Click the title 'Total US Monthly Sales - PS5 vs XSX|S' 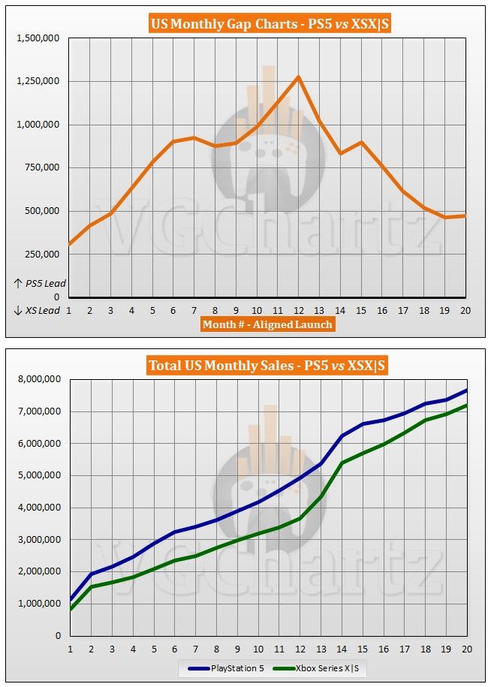267,366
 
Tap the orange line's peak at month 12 299,77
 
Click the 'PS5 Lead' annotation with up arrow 39,284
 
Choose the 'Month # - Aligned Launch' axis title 267,324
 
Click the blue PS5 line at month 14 342,436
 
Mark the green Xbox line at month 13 321,496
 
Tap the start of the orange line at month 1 70,243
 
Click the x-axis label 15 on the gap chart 362,309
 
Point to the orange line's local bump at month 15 362,142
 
